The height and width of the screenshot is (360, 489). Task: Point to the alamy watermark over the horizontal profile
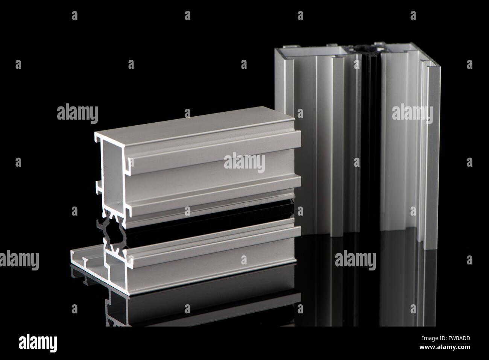point(244,163)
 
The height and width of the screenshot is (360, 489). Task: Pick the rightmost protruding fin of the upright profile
point(433,150)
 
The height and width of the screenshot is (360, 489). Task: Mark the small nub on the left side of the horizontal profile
point(98,187)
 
